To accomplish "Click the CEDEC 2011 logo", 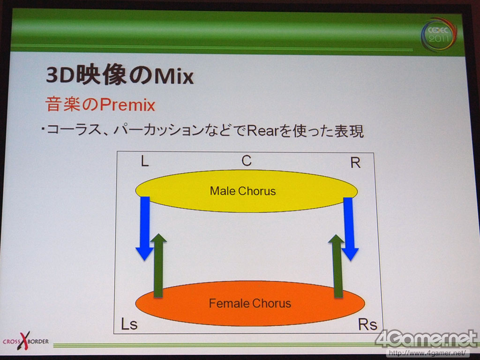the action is point(439,35).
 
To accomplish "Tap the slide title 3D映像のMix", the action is point(120,75).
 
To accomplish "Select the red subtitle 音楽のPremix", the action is point(100,105).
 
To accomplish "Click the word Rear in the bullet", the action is point(261,131).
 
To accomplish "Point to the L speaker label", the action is point(144,161).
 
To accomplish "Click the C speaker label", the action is point(247,161).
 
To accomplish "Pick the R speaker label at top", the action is point(355,163).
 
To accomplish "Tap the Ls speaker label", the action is point(129,324).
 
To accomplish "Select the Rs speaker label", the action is point(367,324).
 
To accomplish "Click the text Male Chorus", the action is point(243,191).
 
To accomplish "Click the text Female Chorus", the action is point(250,303).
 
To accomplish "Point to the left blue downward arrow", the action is point(144,228).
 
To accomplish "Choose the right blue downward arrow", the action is point(349,229).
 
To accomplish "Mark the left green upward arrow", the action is point(158,265).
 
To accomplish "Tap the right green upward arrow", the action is point(337,266).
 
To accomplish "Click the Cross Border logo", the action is point(26,341).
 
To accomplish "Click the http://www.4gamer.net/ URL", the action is point(428,352).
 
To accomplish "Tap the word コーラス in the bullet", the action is point(74,131).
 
